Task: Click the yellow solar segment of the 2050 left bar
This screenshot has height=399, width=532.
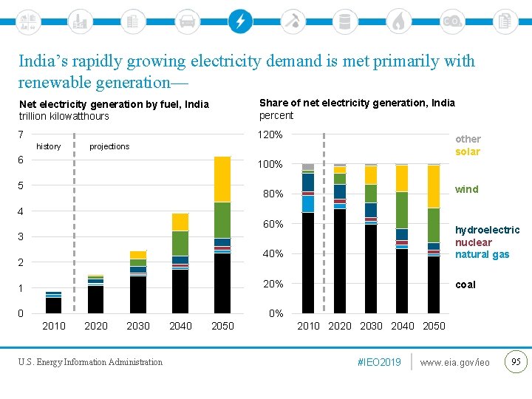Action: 222,179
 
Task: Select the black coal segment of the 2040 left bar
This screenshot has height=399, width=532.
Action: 180,291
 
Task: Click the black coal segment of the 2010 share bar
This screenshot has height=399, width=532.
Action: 308,262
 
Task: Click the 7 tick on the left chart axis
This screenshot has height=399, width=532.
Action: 22,134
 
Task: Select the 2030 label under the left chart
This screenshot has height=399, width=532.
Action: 138,326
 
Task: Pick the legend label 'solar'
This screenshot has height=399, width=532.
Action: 468,151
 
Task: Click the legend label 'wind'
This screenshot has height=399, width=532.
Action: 467,189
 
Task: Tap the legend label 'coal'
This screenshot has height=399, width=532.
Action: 465,284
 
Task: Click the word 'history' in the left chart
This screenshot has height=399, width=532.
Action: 49,146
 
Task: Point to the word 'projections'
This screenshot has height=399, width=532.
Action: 109,146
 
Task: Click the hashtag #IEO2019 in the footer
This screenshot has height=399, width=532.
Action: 379,362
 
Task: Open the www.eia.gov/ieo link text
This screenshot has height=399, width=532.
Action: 454,362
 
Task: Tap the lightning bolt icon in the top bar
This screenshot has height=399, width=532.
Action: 239,21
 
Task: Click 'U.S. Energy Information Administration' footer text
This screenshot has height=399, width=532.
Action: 90,362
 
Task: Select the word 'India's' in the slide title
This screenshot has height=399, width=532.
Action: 44,61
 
